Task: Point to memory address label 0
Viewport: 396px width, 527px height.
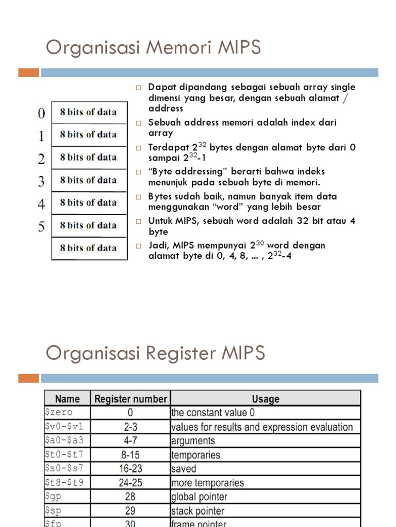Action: [x=41, y=113]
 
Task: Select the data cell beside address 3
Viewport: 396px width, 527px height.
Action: [x=89, y=180]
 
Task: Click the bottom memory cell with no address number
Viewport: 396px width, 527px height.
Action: [x=89, y=248]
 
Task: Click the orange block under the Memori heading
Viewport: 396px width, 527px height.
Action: [x=28, y=73]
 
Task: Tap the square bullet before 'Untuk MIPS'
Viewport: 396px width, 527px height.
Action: [x=138, y=221]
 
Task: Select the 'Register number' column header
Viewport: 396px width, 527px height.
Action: [x=130, y=399]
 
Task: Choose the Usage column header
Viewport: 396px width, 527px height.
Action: [x=266, y=399]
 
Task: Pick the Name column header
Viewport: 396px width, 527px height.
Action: [x=68, y=399]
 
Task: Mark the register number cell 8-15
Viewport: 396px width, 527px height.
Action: [x=130, y=455]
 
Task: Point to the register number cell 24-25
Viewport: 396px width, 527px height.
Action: [x=130, y=483]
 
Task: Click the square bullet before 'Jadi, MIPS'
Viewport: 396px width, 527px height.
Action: [x=138, y=245]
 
